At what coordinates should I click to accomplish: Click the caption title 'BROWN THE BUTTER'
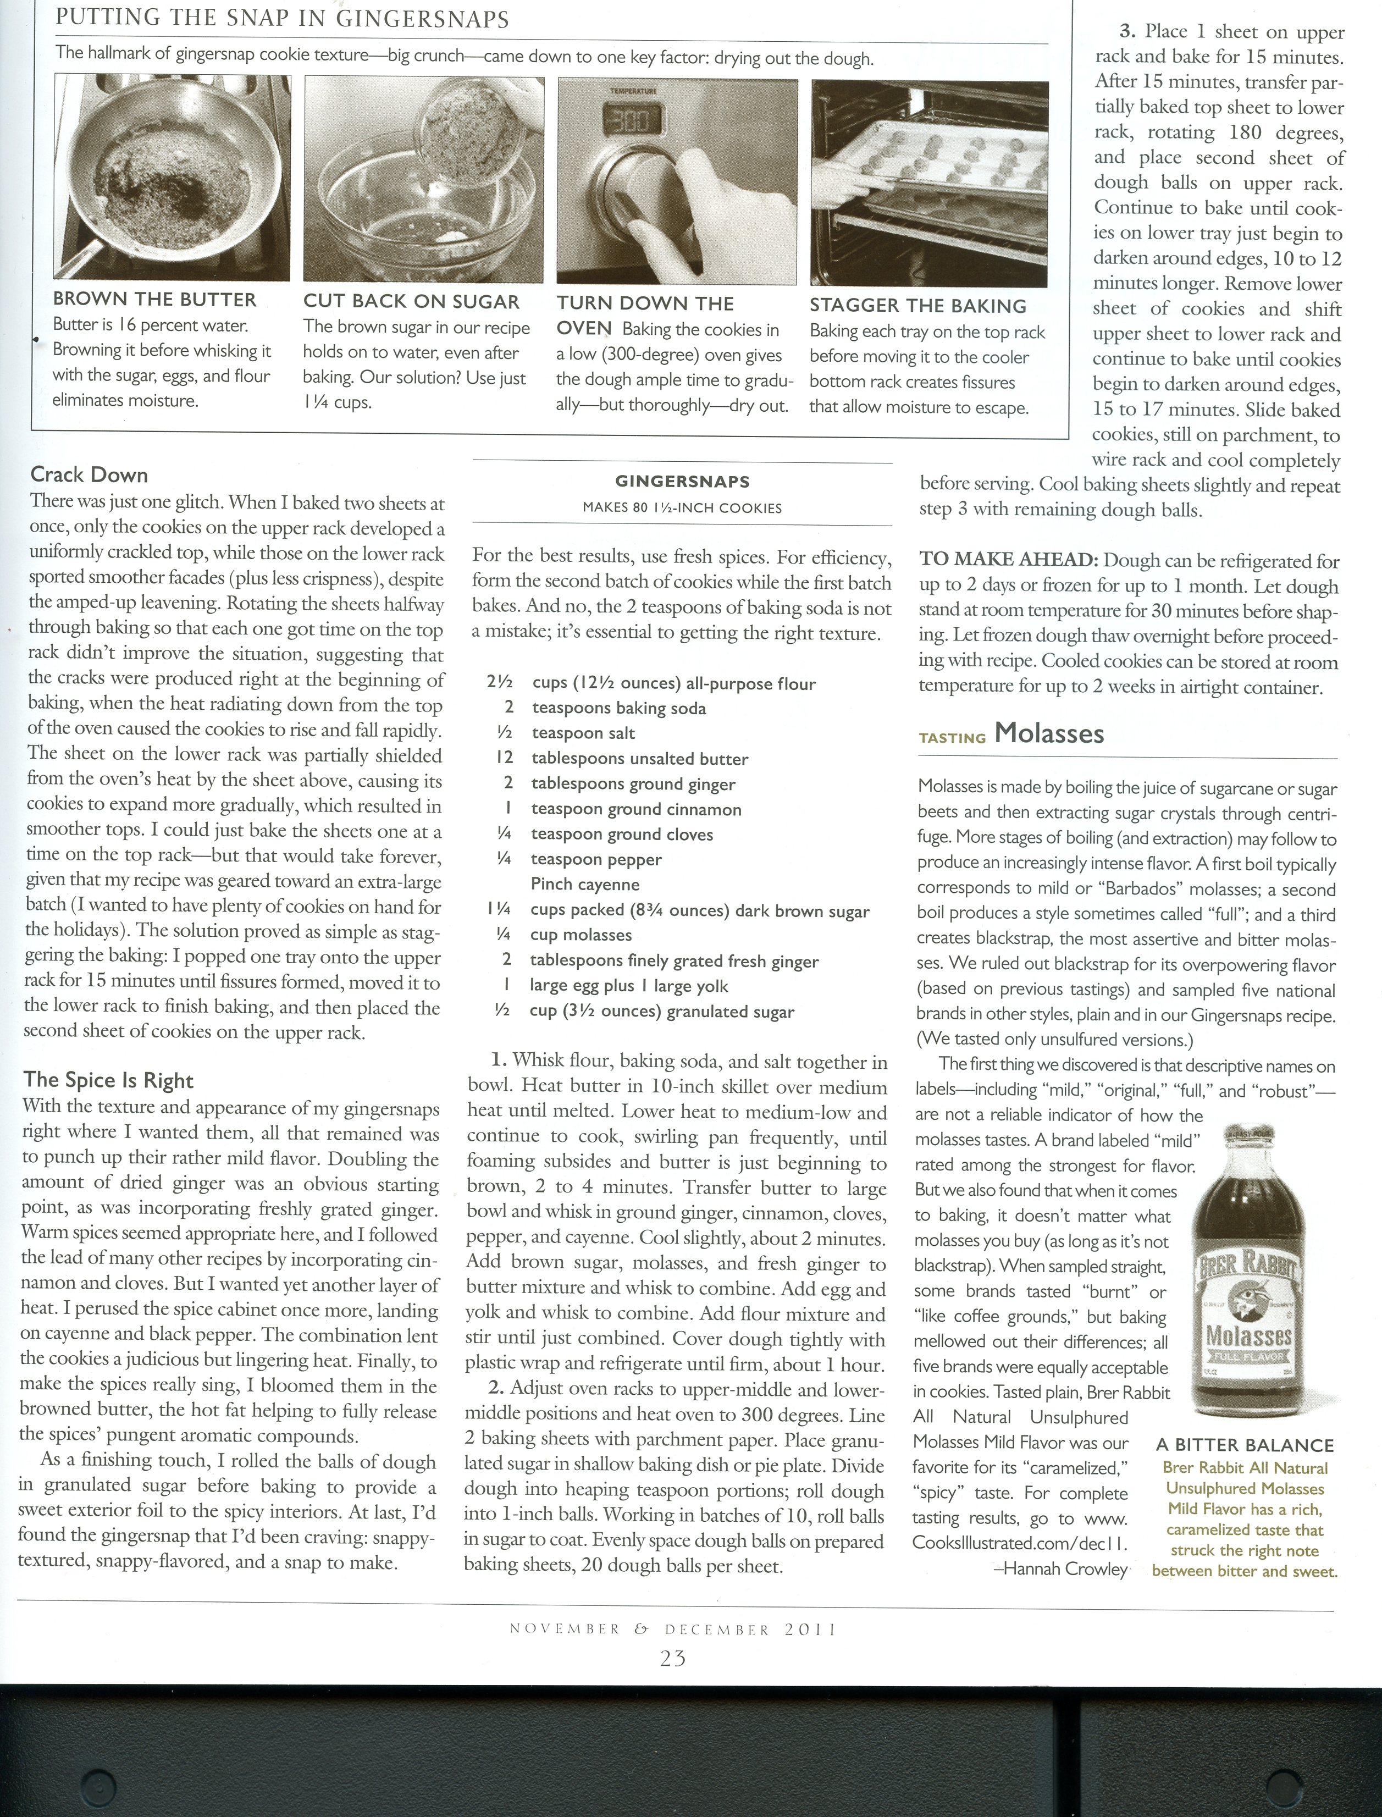tap(154, 300)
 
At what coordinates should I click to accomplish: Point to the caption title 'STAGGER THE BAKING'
tap(918, 306)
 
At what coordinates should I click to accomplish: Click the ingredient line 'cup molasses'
tap(581, 935)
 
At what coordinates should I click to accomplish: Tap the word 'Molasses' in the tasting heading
tap(1049, 733)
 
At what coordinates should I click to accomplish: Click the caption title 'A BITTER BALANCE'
tap(1245, 1445)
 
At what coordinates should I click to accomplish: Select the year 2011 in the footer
tap(810, 1630)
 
